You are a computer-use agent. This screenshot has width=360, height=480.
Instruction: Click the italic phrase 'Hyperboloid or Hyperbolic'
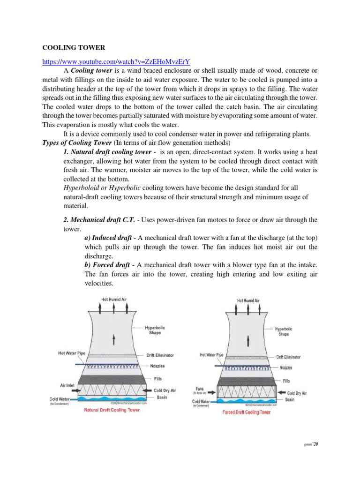[101, 188]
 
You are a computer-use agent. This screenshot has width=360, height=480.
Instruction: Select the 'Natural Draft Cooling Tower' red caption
[112, 410]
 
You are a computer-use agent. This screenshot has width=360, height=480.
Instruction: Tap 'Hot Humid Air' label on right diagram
[248, 300]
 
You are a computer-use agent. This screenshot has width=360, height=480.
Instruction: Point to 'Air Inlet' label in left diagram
[67, 385]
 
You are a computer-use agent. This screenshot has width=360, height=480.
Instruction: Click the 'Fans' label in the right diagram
[200, 389]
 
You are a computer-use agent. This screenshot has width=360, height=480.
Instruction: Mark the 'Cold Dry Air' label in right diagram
[297, 393]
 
